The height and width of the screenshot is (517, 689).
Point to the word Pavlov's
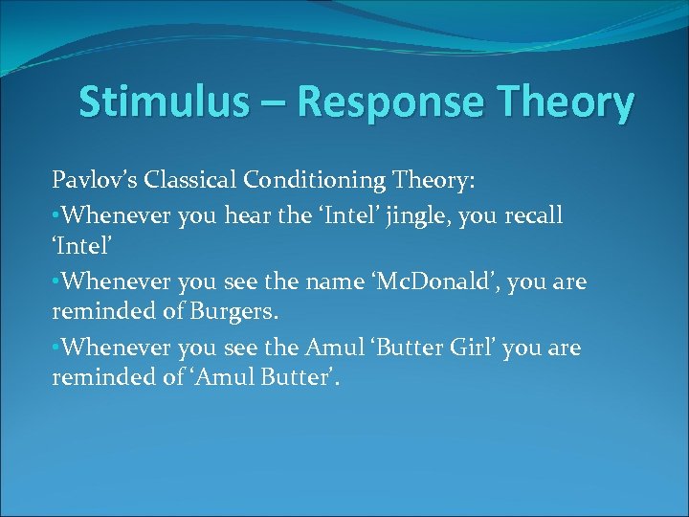tap(90, 181)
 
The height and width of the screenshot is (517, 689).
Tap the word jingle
tap(418, 216)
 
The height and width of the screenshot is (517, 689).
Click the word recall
tap(533, 215)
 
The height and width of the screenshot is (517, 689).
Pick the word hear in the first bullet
tap(247, 215)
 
